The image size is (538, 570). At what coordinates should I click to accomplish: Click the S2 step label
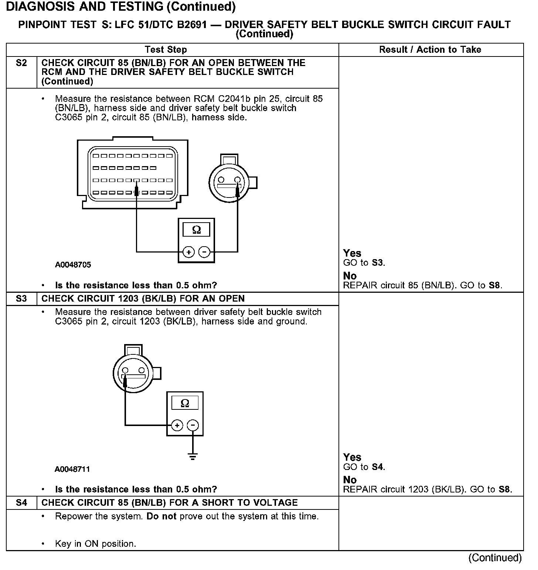21,63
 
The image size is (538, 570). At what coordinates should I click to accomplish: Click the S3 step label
21,299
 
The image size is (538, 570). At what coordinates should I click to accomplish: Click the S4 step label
21,503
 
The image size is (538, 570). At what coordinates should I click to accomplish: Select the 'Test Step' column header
166,50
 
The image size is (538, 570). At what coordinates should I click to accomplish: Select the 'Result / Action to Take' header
430,50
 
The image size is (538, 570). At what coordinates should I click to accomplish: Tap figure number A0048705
73,265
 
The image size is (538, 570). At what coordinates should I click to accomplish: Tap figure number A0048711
72,469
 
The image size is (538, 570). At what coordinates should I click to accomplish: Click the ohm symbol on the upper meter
197,230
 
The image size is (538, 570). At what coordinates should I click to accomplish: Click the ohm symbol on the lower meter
185,403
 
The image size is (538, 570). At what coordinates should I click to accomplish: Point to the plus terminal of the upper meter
189,252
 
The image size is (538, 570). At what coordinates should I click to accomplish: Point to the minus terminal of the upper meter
204,252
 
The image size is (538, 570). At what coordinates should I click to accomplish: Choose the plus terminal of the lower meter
177,425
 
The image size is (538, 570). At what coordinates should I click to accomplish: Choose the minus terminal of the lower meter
193,425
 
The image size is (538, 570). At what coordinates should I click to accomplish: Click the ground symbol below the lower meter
193,456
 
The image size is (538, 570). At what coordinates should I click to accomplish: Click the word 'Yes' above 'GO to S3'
352,253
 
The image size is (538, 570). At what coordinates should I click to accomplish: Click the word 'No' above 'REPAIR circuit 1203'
350,480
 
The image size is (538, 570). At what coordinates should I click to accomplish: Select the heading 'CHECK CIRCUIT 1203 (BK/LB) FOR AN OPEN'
143,299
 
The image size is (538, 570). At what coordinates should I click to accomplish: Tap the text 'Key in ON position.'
95,544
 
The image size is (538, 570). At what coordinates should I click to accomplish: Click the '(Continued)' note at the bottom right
495,558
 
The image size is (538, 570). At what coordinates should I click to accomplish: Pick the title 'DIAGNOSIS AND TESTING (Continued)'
121,7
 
